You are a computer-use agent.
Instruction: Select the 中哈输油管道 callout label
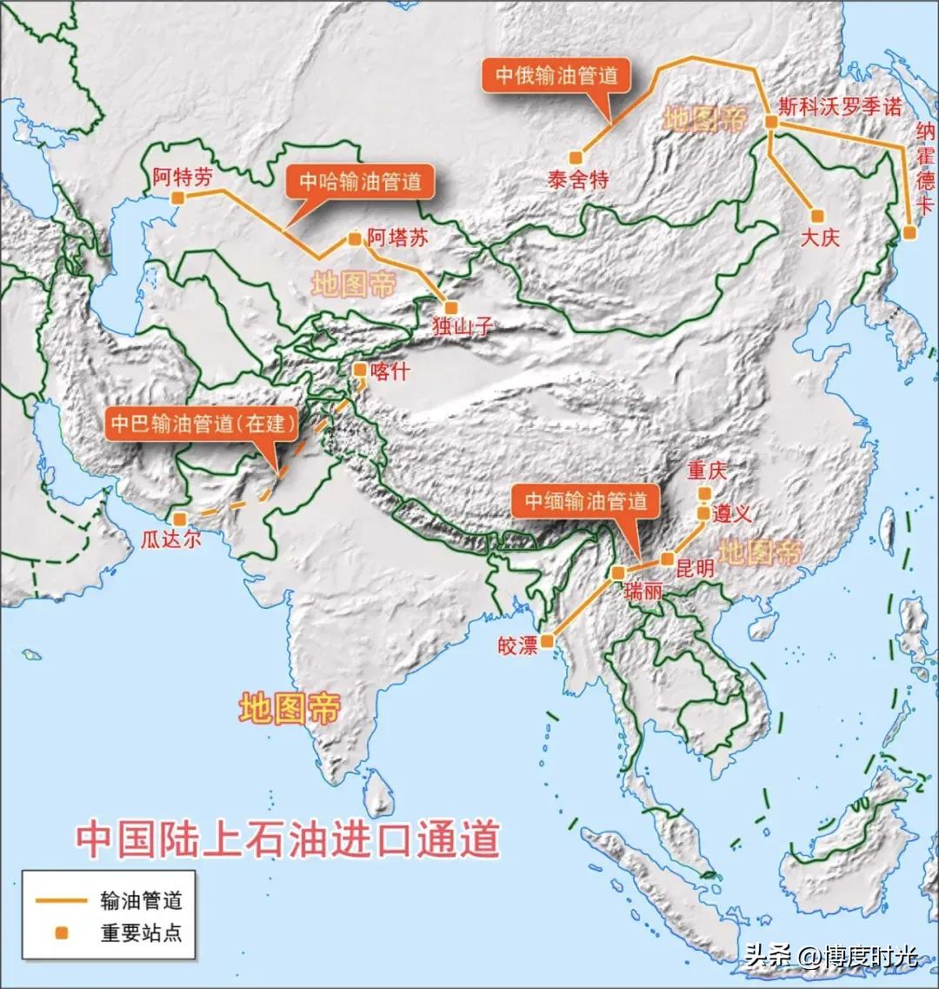tap(360, 182)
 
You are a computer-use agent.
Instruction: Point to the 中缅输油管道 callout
tap(585, 501)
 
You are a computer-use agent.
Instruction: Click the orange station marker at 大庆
tap(816, 216)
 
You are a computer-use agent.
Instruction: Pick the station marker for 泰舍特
tap(575, 157)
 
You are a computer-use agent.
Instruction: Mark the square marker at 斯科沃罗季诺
tap(770, 123)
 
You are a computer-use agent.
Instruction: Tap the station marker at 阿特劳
tap(177, 198)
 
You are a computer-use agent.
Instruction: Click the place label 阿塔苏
tap(397, 238)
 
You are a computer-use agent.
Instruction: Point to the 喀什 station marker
tap(359, 369)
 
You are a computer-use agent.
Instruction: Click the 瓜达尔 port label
tap(170, 539)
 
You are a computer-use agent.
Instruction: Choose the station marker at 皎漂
tap(547, 641)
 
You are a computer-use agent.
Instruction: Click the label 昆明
tap(695, 569)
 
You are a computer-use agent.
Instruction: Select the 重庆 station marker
tap(704, 493)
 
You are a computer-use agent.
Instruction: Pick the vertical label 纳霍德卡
tap(925, 170)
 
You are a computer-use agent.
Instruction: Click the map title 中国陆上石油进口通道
tap(287, 839)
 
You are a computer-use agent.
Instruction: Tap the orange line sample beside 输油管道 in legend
tap(60, 900)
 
